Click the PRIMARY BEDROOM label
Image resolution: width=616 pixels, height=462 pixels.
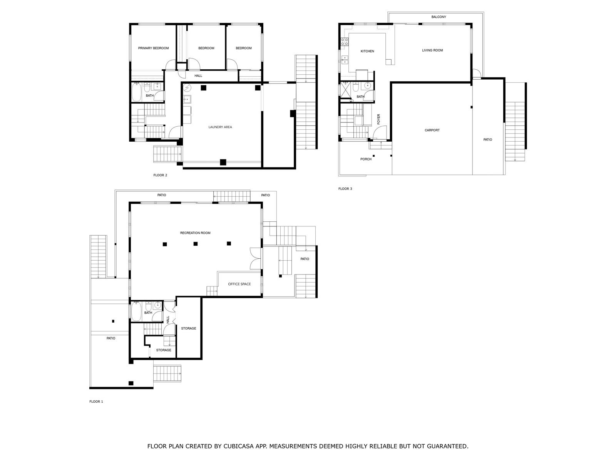(153, 48)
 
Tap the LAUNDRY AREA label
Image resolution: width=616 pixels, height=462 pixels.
(220, 127)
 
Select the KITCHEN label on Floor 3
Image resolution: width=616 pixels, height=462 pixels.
(367, 51)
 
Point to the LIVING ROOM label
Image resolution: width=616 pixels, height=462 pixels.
(432, 50)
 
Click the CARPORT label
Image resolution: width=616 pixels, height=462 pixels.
(432, 130)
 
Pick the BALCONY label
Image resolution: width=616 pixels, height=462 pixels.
(439, 17)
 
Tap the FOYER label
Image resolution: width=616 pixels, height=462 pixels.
(378, 119)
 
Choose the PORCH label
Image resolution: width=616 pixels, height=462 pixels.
(366, 159)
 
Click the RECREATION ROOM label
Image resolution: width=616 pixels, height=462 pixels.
(195, 233)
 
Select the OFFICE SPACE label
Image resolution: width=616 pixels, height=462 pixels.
(239, 284)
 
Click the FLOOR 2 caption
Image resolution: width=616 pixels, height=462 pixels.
(160, 175)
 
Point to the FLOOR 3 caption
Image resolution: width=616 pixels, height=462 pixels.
(345, 189)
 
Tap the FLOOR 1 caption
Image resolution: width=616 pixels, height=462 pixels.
(96, 402)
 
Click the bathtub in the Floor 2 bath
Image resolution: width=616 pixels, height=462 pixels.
(136, 92)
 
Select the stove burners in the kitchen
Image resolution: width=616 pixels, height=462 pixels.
(344, 42)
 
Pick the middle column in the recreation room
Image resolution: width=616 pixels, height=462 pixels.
(195, 244)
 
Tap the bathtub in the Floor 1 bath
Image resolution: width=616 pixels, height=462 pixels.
(136, 311)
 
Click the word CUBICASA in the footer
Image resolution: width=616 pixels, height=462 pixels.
(238, 446)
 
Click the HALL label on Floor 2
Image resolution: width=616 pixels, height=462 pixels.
(198, 76)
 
